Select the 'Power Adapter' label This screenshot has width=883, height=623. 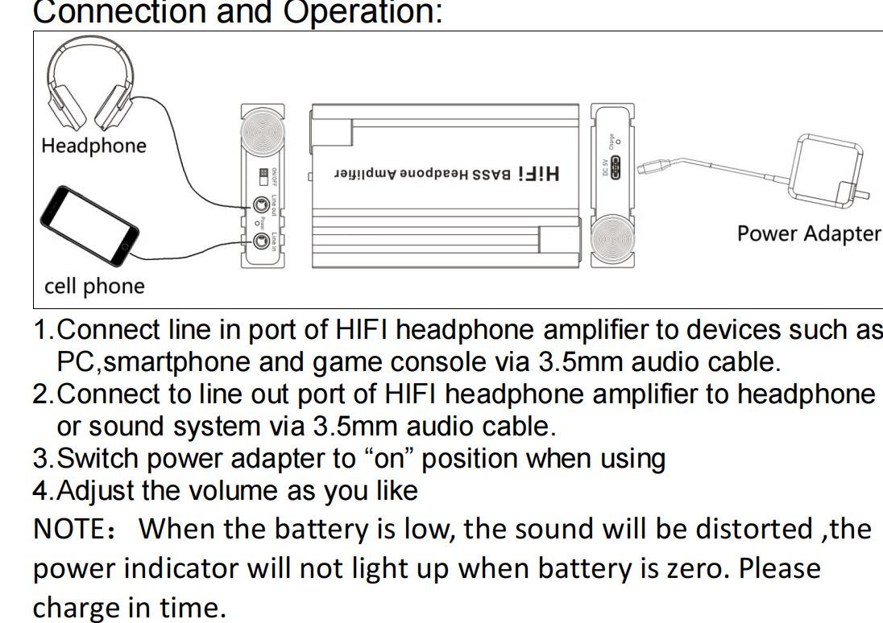coord(809,233)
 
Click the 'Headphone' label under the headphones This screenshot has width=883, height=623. coord(93,146)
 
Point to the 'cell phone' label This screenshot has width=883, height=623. coord(94,287)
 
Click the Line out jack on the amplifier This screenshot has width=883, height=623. coord(260,204)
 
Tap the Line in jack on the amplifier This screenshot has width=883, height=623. coord(260,240)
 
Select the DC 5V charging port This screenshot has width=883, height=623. coord(620,169)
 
